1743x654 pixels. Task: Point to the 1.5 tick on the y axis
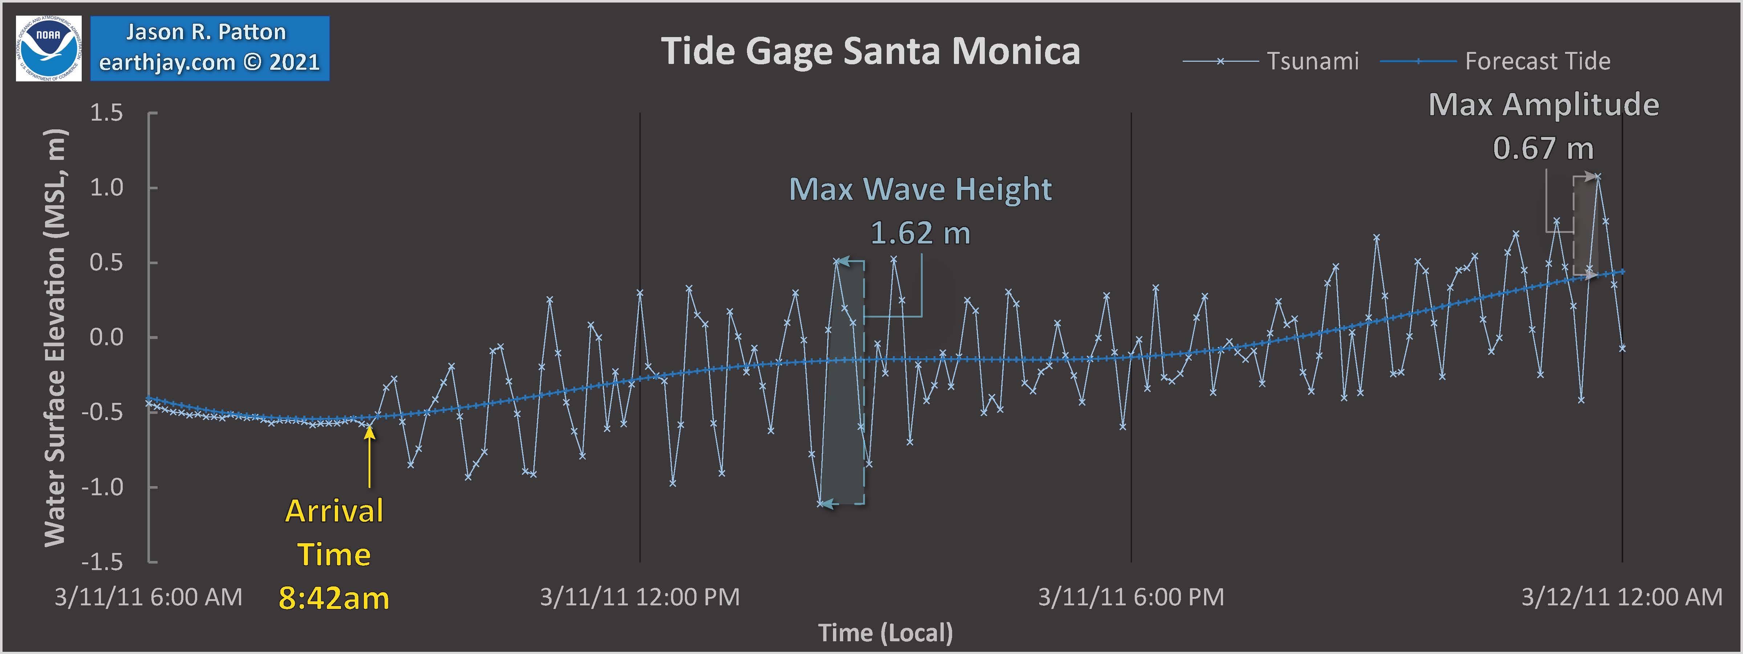coord(107,113)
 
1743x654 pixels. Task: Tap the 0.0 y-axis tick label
coord(107,337)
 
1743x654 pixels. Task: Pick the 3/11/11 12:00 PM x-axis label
coord(639,597)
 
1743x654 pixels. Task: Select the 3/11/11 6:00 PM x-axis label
coord(1131,597)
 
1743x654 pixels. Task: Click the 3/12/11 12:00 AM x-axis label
coord(1622,597)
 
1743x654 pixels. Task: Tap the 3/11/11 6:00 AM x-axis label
coord(148,597)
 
